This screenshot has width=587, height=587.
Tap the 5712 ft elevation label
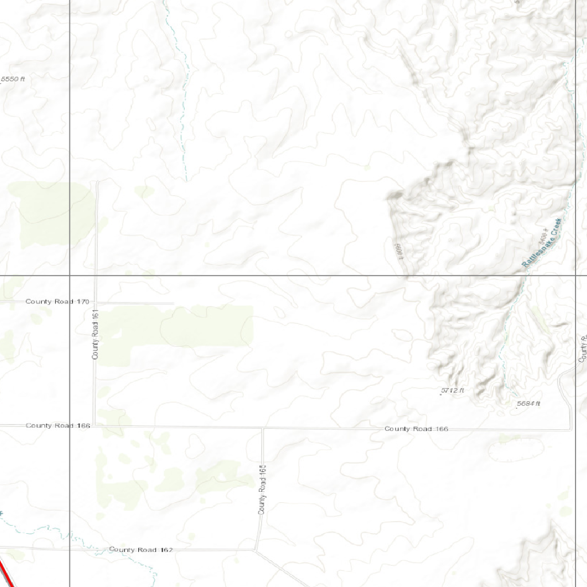pos(452,390)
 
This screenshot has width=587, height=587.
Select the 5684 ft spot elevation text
pos(529,404)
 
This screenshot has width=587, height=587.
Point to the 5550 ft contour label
pos(13,79)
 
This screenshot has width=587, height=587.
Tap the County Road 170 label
pos(57,302)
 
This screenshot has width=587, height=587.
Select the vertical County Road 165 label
pos(263,489)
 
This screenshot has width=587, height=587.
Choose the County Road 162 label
pos(141,550)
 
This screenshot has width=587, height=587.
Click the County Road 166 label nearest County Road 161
pos(57,425)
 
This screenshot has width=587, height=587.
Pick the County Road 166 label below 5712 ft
pos(416,429)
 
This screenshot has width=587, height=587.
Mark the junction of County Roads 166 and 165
pos(263,428)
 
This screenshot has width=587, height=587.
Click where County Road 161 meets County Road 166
pos(96,425)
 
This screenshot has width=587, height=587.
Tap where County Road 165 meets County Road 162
pos(255,550)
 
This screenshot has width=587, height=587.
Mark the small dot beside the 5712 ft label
pos(440,395)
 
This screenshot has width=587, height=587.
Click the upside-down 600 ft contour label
pos(399,251)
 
